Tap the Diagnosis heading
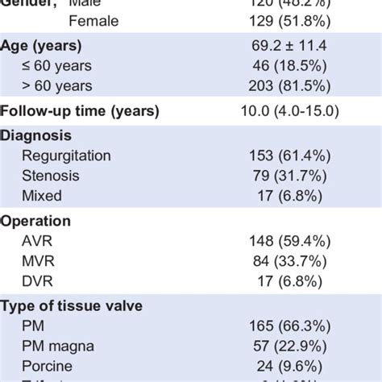[x=35, y=135]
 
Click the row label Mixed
[x=43, y=195]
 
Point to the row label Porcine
[x=48, y=364]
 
